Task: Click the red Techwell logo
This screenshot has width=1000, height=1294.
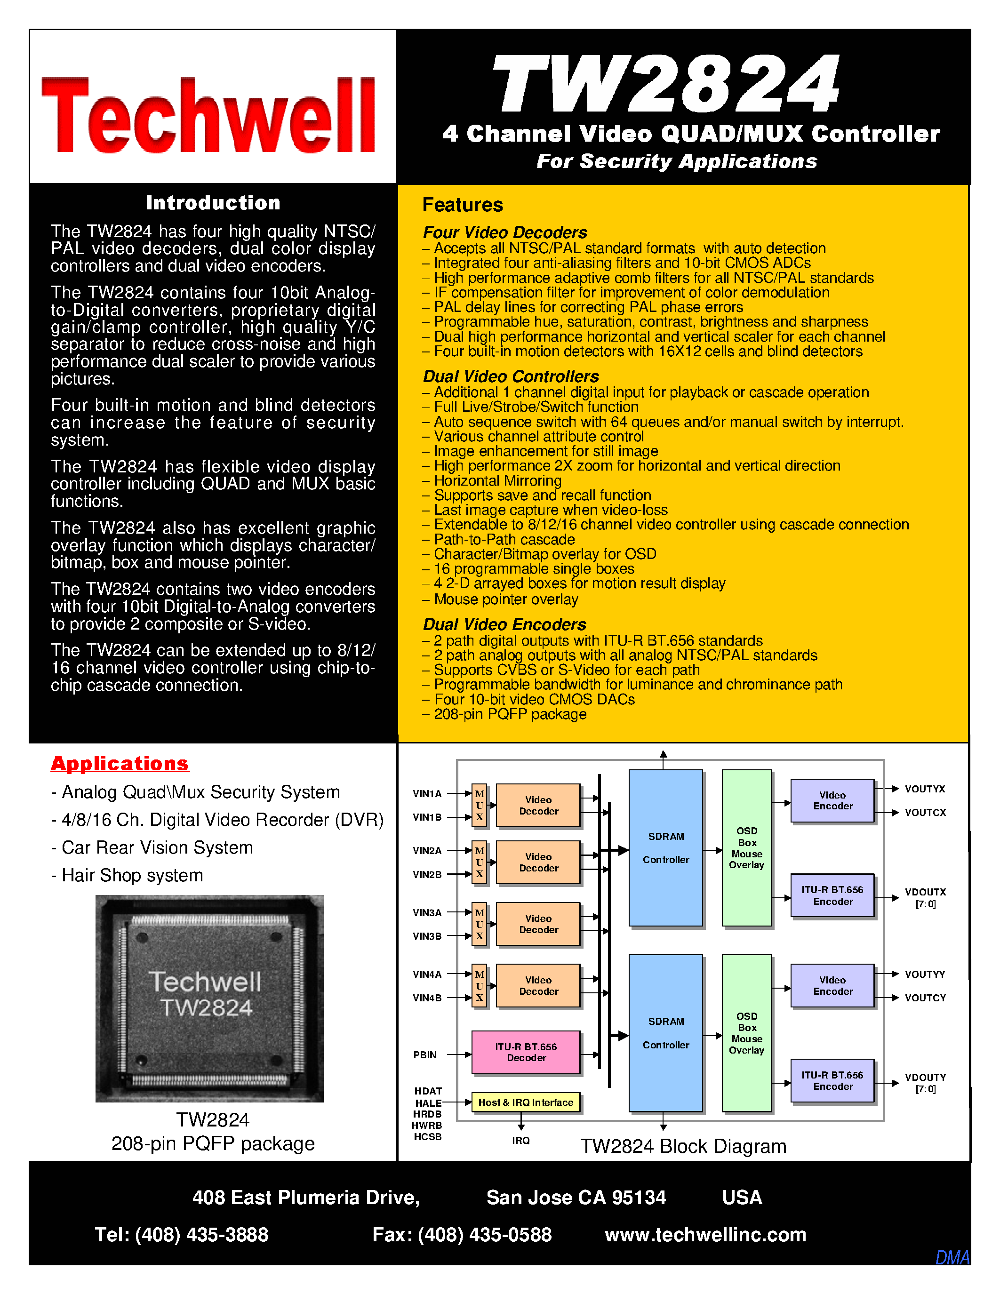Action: tap(208, 116)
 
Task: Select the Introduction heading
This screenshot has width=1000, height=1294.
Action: tap(213, 203)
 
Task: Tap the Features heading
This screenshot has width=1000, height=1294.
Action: tap(462, 205)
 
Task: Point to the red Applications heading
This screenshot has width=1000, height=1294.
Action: tap(120, 763)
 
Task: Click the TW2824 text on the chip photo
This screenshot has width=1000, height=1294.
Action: tap(206, 1008)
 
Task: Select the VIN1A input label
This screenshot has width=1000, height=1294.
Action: tap(427, 794)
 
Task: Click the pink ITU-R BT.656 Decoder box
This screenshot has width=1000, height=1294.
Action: tap(526, 1052)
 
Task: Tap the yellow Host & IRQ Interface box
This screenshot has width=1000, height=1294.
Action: tap(526, 1102)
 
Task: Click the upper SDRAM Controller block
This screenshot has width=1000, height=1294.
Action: tap(665, 847)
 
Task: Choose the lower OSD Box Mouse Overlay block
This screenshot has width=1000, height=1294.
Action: tap(746, 1033)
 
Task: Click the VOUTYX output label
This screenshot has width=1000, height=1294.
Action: tap(925, 789)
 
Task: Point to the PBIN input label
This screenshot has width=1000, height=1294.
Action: tap(425, 1054)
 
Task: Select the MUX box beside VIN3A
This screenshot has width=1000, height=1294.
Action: tap(479, 924)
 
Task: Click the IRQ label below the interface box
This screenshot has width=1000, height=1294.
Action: tap(521, 1141)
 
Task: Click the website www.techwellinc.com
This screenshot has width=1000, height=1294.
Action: tap(705, 1235)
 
